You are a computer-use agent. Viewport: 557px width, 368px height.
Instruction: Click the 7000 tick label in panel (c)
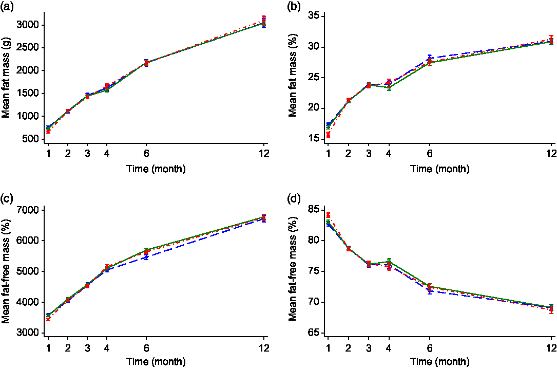click(x=28, y=210)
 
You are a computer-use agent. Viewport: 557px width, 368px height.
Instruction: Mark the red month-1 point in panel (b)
click(x=328, y=135)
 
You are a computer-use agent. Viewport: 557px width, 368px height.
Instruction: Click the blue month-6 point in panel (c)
click(x=146, y=257)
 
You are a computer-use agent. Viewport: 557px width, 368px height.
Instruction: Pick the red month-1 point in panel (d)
click(x=328, y=214)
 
